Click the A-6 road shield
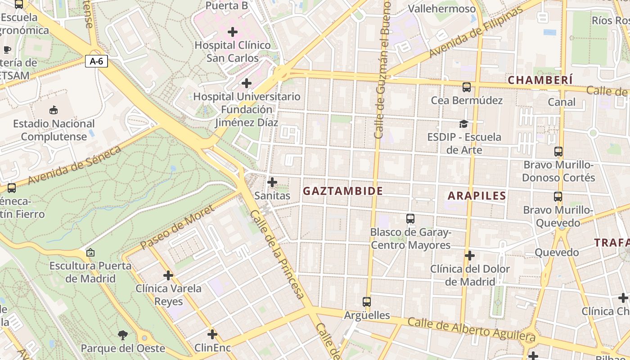(97, 61)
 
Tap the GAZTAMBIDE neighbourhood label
(343, 191)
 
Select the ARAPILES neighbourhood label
(477, 196)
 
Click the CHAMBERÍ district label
(540, 80)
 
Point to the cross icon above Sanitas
(272, 182)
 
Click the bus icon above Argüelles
(367, 302)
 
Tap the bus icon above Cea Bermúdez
(467, 87)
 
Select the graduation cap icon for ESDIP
(463, 124)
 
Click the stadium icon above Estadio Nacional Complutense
(54, 110)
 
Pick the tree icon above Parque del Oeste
(122, 335)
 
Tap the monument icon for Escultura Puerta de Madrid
(90, 252)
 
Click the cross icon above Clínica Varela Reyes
(168, 275)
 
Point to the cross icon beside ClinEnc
(212, 334)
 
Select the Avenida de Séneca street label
(74, 165)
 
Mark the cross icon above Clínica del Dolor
(470, 256)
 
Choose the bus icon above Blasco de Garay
(410, 219)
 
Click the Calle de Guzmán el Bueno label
(381, 70)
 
